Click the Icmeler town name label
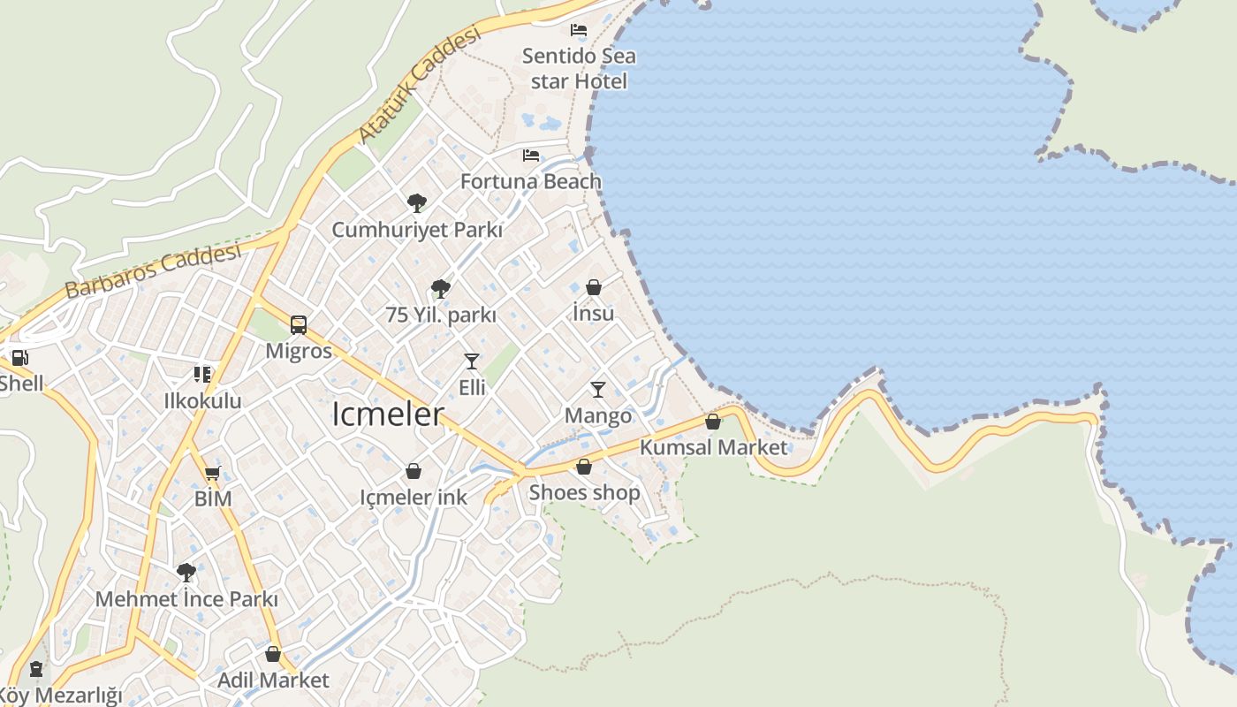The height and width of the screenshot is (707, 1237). pos(387,414)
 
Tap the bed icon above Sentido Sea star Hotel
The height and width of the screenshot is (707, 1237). pos(579,30)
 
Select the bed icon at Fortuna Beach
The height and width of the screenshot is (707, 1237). pos(531,156)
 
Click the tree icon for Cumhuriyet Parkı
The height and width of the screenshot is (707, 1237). pos(417,203)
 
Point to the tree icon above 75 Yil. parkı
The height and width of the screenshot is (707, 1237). pos(440,288)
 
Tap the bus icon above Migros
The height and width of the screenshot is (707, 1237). pos(299,325)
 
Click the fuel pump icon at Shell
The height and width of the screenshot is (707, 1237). pos(19,358)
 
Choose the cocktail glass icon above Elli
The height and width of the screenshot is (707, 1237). pos(472,361)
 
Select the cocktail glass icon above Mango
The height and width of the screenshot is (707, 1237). pos(598,390)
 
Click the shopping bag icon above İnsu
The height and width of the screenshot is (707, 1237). pos(594,287)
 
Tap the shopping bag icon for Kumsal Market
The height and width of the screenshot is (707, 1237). pos(713,422)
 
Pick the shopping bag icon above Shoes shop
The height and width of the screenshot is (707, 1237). pos(584,467)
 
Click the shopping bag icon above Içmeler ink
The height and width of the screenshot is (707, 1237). pos(413,472)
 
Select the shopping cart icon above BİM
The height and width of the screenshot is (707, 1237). pos(212,473)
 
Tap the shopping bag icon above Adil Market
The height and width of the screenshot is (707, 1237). pos(273,654)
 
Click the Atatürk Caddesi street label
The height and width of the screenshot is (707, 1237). pos(421,85)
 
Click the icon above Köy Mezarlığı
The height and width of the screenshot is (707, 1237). pos(36,669)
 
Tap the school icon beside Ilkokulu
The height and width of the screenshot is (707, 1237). pos(203,375)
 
